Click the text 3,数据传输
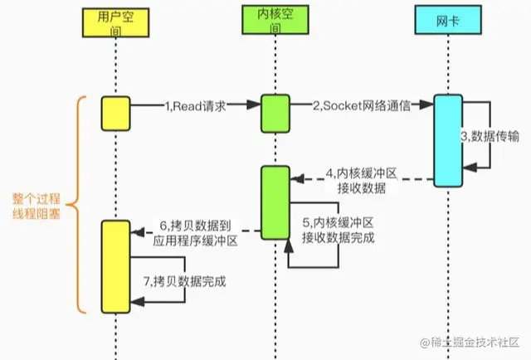point(489,137)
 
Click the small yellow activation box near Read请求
point(114,112)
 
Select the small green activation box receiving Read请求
point(275,111)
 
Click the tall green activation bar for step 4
point(275,201)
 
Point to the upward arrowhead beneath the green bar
point(288,246)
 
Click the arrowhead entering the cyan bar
point(428,105)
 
